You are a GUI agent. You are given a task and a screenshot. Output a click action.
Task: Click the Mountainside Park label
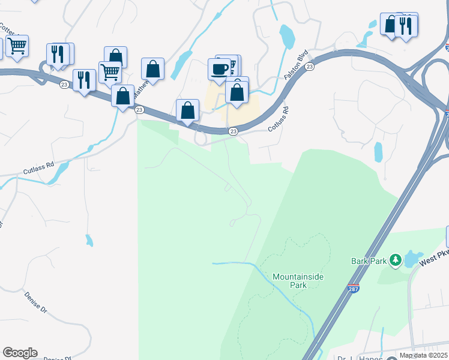[290, 281]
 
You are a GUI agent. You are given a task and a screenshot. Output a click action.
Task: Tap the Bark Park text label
[369, 261]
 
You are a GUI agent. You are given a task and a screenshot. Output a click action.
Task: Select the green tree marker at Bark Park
[395, 260]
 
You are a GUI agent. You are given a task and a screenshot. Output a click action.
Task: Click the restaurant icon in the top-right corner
[407, 25]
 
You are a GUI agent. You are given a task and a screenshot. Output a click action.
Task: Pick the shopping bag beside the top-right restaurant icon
[391, 25]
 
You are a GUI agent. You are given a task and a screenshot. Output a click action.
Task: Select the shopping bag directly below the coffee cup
[237, 92]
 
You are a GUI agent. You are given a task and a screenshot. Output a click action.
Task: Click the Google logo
[20, 353]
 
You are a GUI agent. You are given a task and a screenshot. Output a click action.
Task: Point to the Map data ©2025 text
[424, 355]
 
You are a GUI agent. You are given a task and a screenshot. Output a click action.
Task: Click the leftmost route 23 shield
[64, 85]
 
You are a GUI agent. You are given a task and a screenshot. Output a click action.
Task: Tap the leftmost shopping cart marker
[17, 45]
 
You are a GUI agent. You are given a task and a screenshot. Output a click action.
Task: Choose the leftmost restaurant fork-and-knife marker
[58, 53]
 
